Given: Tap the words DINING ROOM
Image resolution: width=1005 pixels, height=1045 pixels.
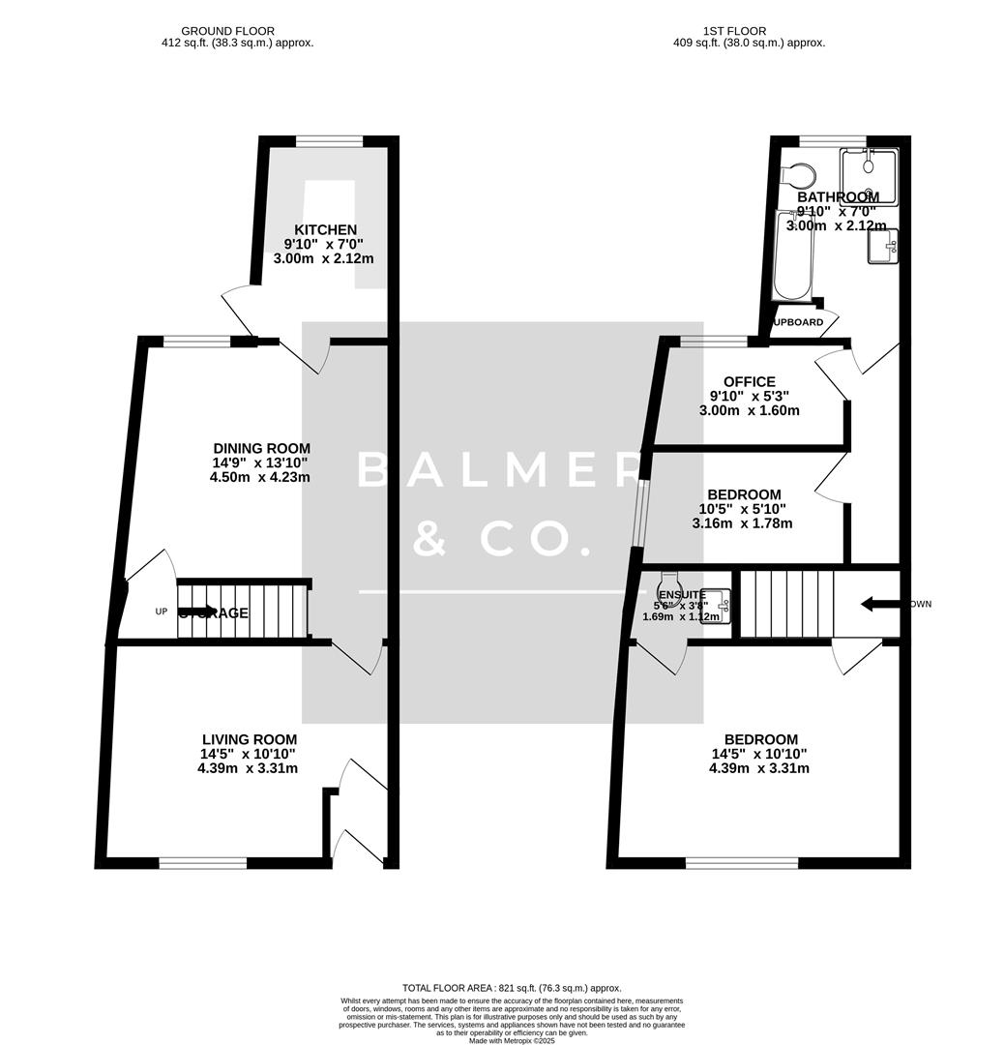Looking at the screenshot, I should pos(261,448).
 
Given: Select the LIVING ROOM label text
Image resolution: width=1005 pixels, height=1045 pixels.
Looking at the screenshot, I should pos(249,739).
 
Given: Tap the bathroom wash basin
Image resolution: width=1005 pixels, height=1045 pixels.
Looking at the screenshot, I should pos(884,246).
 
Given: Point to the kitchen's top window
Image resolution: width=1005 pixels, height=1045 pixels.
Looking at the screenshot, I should pos(328,142).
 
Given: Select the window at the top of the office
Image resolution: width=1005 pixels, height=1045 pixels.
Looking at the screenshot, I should pos(713,341).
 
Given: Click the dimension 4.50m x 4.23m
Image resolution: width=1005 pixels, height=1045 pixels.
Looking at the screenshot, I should pos(261,476).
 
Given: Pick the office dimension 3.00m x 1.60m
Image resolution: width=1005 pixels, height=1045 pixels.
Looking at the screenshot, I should pos(749,410).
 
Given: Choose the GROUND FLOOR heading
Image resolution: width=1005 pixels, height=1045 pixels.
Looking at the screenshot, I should pos(227,31).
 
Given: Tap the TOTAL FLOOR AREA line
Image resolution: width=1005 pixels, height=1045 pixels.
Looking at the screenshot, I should pos(512,988).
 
